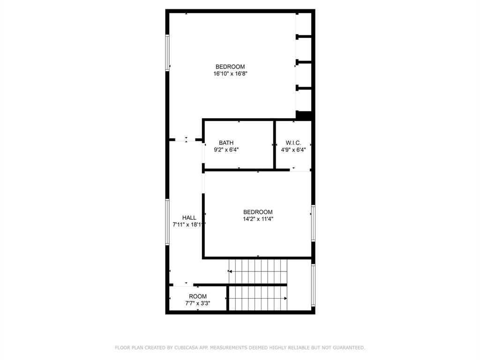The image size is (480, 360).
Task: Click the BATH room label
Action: pyautogui.click(x=226, y=143)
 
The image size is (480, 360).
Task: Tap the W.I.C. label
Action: pyautogui.click(x=293, y=143)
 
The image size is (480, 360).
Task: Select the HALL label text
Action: pyautogui.click(x=189, y=217)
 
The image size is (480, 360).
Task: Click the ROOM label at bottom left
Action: pyautogui.click(x=198, y=296)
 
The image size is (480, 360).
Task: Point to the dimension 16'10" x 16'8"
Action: pyautogui.click(x=230, y=74)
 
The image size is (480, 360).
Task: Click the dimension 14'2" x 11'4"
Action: pyautogui.click(x=258, y=219)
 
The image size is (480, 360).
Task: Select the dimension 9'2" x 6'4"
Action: pyautogui.click(x=226, y=150)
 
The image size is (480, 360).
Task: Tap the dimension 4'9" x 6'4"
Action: pyautogui.click(x=293, y=150)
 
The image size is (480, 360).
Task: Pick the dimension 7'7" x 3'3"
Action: pyautogui.click(x=198, y=303)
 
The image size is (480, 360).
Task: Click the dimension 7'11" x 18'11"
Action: pyautogui.click(x=189, y=225)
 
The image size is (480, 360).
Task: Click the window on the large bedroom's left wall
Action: pyautogui.click(x=167, y=53)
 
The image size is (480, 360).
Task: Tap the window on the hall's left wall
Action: pyautogui.click(x=167, y=222)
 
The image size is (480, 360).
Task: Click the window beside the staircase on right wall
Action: pyautogui.click(x=313, y=285)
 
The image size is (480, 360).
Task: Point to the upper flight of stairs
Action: pyautogui.click(x=258, y=271)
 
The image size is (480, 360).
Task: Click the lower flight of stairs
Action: pyautogui.click(x=258, y=298)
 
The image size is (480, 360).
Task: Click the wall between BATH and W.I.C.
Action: pyautogui.click(x=275, y=144)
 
